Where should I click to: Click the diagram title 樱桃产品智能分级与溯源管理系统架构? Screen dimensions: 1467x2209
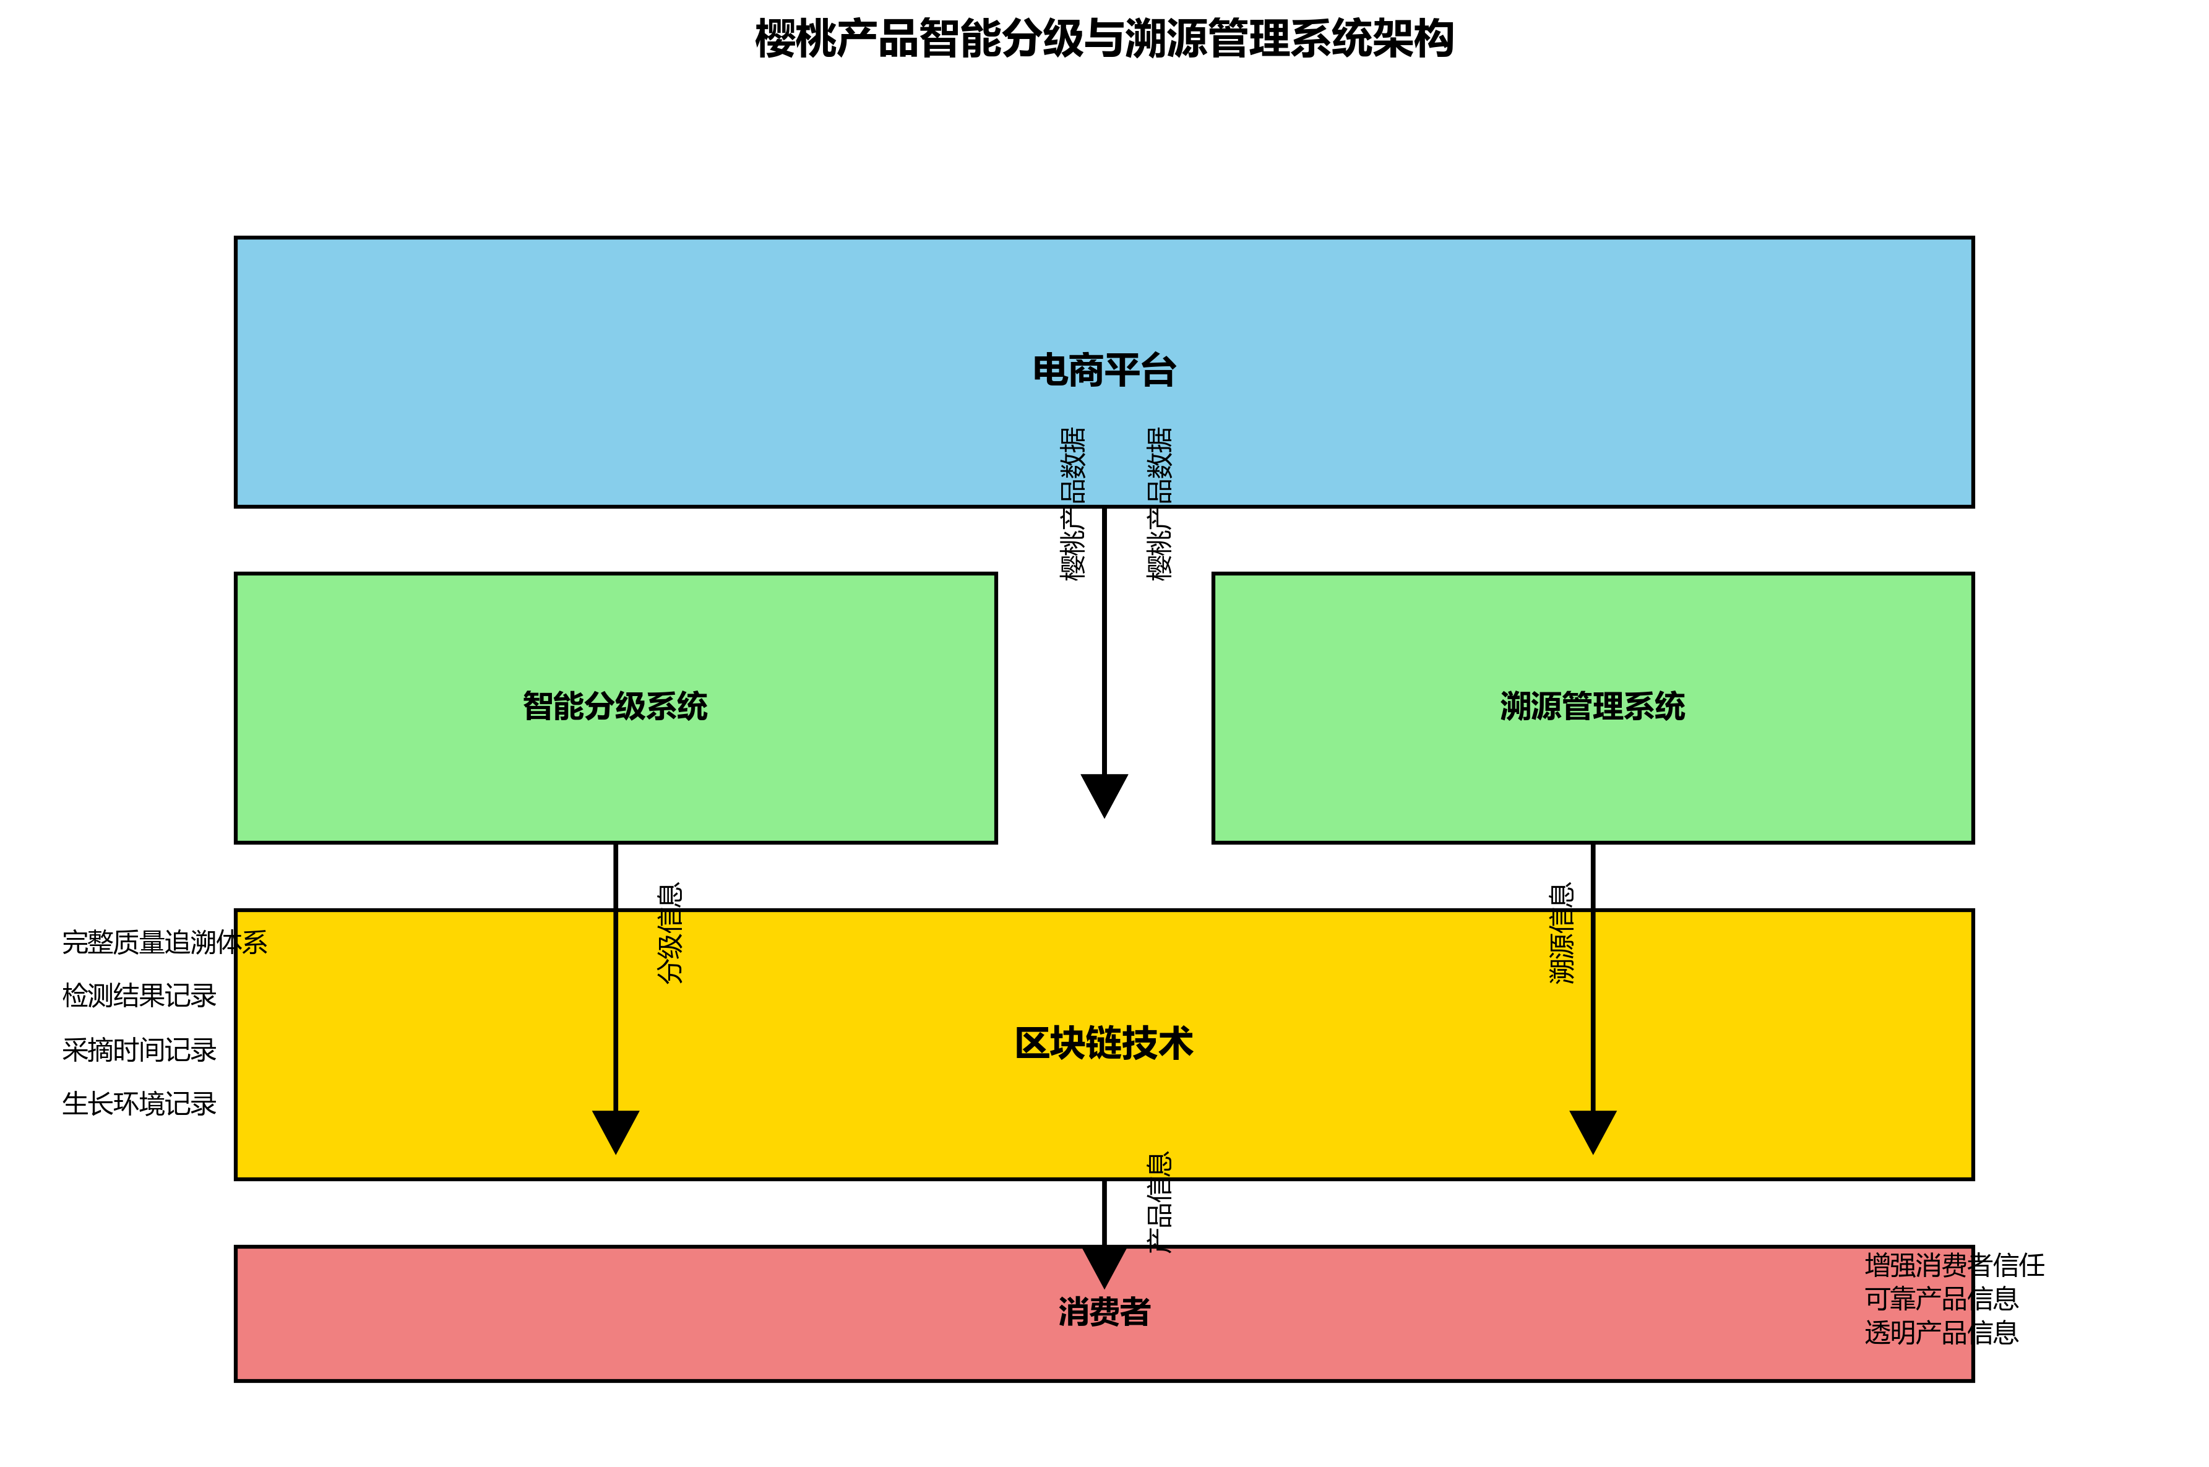coord(1104,40)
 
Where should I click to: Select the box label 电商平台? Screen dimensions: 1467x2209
coord(1104,371)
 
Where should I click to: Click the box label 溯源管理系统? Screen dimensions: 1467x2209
coord(1593,707)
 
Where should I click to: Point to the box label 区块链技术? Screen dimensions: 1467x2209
coord(1104,1043)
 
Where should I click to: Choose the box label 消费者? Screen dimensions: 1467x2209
coord(1104,1312)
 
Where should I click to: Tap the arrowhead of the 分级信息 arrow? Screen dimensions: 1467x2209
coord(616,1130)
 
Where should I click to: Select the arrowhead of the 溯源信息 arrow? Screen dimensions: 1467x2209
coord(1593,1130)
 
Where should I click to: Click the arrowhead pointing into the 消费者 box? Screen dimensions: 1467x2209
coord(1104,1266)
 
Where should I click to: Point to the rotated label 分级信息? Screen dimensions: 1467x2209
coord(670,934)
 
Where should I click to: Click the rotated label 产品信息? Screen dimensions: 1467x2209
coord(1159,1202)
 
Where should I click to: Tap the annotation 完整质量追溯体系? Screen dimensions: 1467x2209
coord(165,942)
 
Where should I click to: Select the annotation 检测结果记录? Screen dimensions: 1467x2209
coord(139,996)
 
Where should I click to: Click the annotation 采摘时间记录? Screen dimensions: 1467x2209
coord(139,1050)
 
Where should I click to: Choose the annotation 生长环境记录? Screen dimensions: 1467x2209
coord(139,1104)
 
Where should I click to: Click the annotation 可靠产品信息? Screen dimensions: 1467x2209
coord(1942,1299)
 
